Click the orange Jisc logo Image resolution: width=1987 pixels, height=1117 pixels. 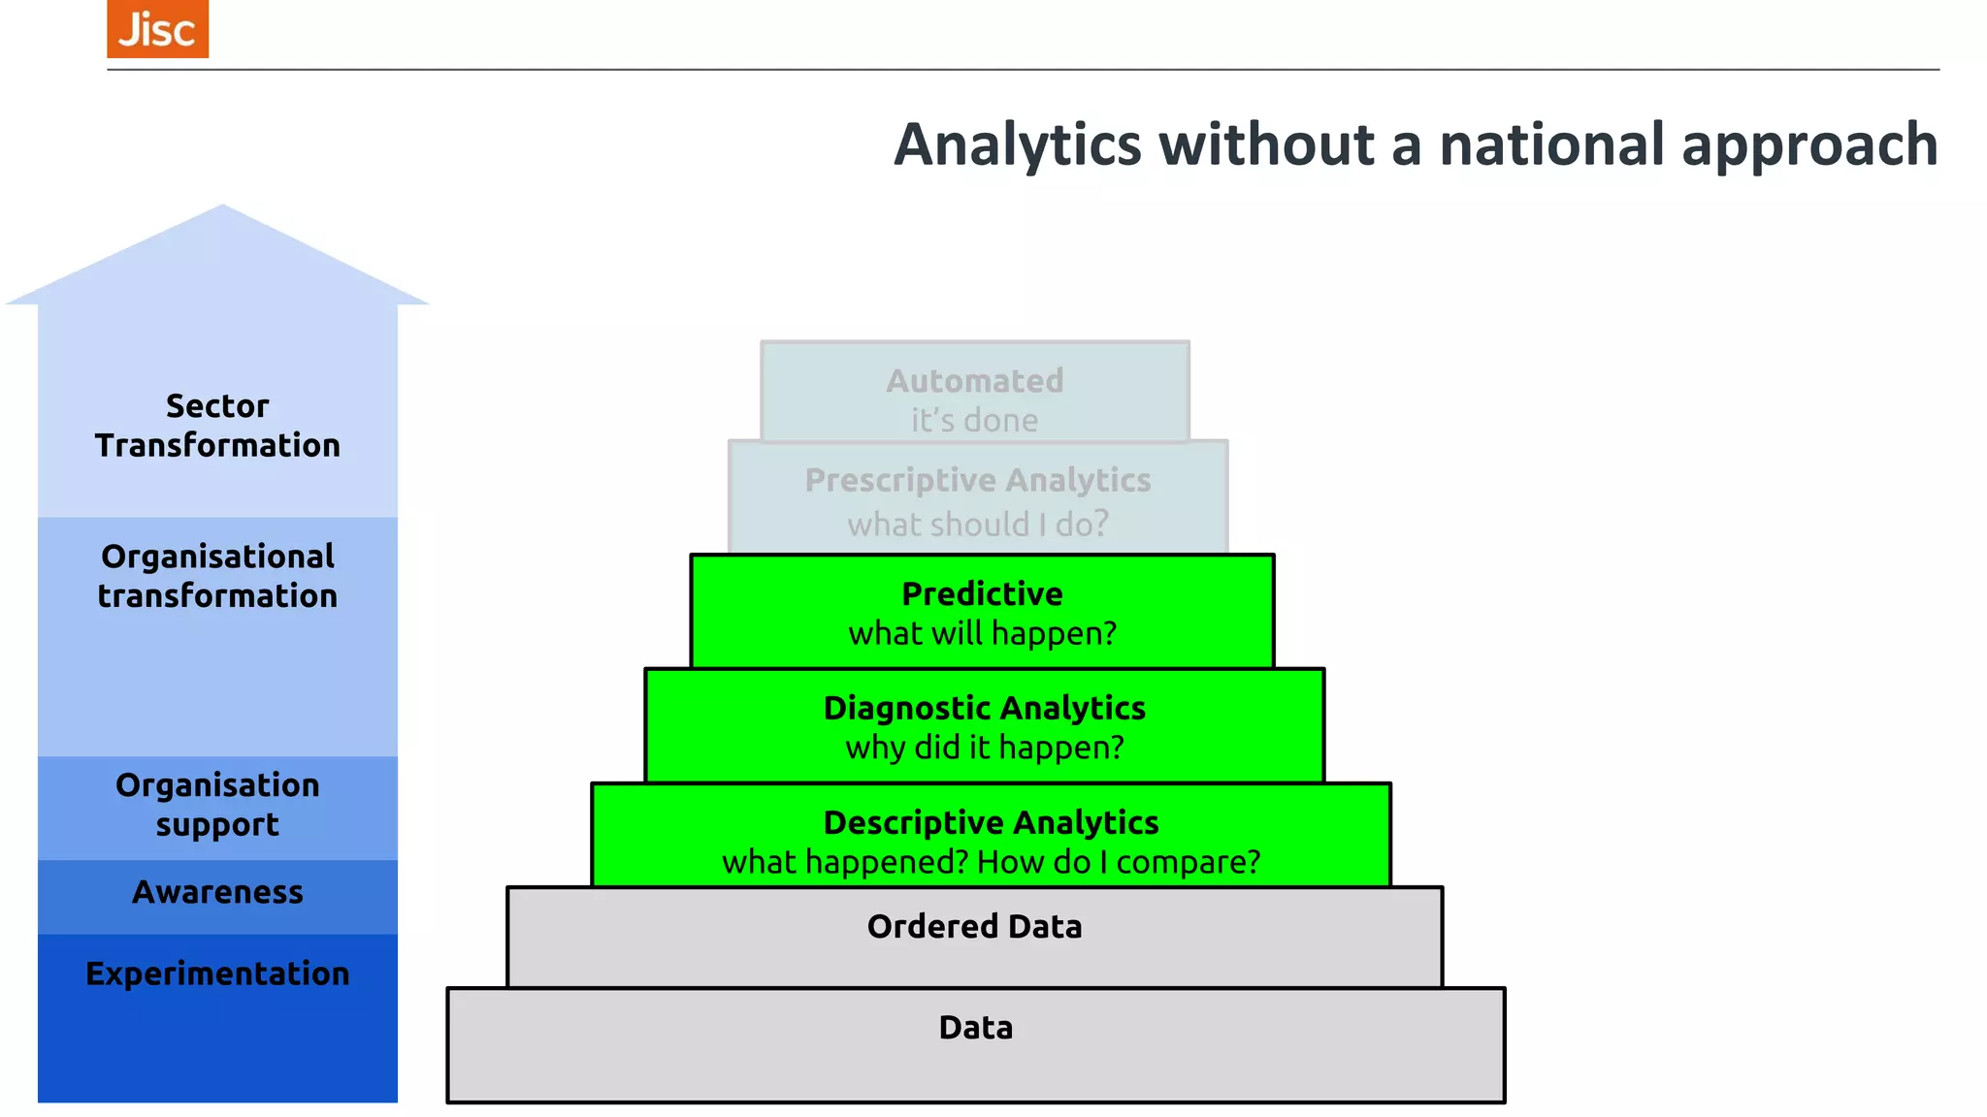coord(157,29)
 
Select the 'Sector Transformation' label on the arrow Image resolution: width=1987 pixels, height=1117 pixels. coord(217,426)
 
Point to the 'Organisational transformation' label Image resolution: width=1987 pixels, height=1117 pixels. coord(217,576)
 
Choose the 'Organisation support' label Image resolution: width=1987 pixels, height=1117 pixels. coord(217,804)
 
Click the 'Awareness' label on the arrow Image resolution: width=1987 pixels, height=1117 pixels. coord(217,892)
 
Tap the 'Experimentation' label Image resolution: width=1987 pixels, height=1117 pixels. coord(217,973)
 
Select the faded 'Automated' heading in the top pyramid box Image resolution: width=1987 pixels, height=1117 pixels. coord(975,381)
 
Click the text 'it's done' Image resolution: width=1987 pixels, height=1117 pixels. coord(974,421)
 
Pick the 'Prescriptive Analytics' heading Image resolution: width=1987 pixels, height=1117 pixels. coord(978,480)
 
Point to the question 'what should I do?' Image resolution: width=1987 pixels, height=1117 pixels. coord(978,525)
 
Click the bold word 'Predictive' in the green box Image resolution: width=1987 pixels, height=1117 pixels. coord(982,593)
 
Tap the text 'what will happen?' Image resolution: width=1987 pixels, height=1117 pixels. coord(982,633)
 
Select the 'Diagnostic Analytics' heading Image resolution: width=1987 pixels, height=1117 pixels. coord(984,708)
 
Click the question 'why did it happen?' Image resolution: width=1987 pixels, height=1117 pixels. coord(984,748)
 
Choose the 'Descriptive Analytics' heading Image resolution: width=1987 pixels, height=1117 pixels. coord(991,822)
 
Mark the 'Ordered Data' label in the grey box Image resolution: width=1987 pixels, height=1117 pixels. coord(974,927)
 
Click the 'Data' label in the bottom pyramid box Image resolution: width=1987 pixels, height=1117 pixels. coord(975,1028)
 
